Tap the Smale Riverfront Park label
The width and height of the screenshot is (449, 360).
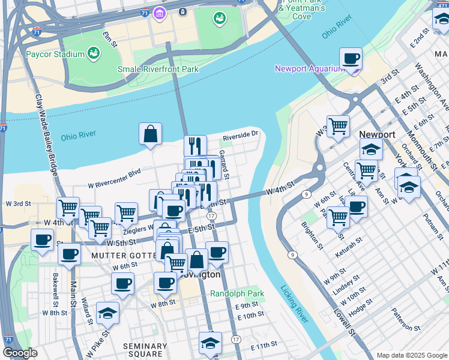158,69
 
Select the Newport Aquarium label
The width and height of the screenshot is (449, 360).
309,68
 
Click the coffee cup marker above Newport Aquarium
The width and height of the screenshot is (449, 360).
351,59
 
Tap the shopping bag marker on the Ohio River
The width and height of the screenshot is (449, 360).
150,134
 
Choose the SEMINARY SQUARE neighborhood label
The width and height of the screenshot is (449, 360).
145,350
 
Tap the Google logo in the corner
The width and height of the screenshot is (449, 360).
20,353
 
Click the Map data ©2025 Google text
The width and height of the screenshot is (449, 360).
412,355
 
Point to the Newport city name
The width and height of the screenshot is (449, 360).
377,134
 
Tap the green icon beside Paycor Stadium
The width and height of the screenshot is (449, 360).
94,55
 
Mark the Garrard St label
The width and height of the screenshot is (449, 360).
224,164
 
